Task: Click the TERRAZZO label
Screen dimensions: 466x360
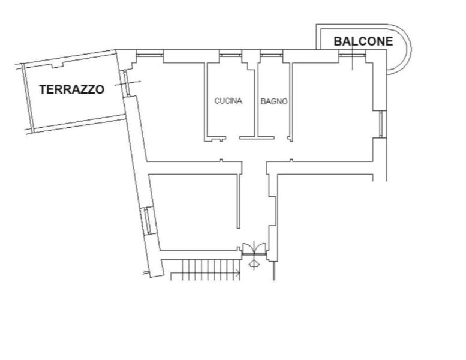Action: tap(71, 89)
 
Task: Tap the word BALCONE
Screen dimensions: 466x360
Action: tap(363, 41)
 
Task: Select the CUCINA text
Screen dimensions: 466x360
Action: tap(229, 101)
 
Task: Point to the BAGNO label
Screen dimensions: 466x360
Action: tap(274, 101)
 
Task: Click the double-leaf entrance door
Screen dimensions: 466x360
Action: tap(254, 249)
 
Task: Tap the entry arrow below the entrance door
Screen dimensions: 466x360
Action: tap(254, 264)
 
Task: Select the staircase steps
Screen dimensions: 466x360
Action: tap(205, 269)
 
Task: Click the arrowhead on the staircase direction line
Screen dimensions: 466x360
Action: tap(238, 272)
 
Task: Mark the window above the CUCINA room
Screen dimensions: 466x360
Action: tap(231, 54)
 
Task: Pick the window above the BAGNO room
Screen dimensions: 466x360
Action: tap(272, 54)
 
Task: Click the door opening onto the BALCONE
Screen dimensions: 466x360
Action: tap(353, 54)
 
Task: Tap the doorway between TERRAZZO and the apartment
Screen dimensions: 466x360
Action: tap(127, 83)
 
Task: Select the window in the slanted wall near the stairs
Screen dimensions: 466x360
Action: tap(146, 221)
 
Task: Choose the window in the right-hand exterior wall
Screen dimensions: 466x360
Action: tap(383, 124)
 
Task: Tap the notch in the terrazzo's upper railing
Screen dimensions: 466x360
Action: tap(58, 65)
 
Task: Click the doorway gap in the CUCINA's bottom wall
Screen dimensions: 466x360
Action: tap(233, 138)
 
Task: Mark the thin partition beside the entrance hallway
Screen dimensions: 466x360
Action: tap(238, 201)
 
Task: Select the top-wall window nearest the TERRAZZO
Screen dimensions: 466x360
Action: tap(150, 54)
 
